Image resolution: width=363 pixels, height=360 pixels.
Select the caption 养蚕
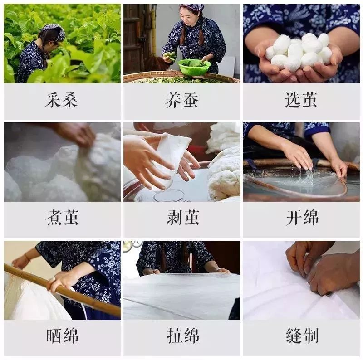(181, 100)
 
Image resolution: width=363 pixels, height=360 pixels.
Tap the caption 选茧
(301, 100)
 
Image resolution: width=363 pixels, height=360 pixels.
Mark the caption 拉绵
(181, 336)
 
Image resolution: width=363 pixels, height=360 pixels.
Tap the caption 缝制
(301, 336)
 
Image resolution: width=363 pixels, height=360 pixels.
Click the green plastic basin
(194, 67)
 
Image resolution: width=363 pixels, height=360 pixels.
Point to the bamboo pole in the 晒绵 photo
(64, 290)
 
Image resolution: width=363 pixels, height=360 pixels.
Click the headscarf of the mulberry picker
(54, 30)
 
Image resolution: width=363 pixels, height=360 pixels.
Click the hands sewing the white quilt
(318, 268)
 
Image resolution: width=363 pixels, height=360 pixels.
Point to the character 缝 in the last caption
(293, 336)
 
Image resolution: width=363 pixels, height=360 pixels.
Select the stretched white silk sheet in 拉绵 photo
(181, 295)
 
